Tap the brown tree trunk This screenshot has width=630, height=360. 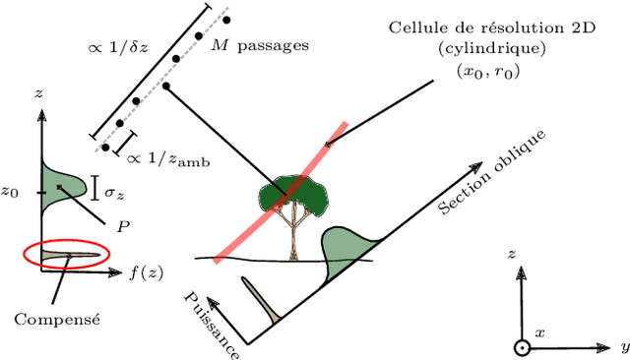tap(293, 236)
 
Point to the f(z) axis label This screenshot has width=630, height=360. tap(147, 273)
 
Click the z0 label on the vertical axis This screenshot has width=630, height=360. tap(12, 193)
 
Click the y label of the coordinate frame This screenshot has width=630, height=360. tap(623, 348)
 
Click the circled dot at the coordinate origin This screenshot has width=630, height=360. tap(521, 348)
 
